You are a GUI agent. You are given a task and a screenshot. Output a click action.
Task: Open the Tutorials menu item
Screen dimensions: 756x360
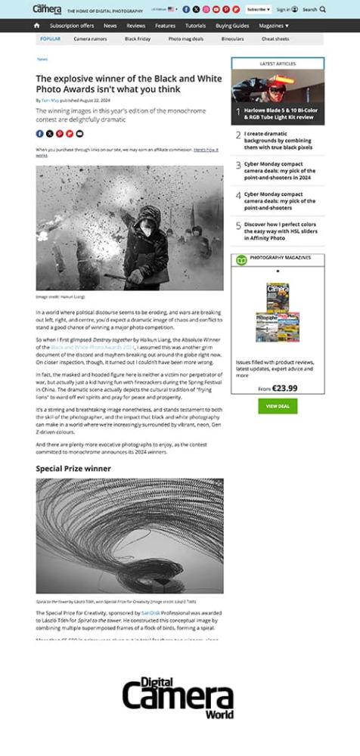tap(195, 26)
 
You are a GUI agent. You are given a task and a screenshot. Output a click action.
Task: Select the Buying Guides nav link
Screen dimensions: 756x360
tap(232, 26)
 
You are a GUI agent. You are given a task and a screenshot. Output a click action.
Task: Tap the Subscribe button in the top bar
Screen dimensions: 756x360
tap(257, 9)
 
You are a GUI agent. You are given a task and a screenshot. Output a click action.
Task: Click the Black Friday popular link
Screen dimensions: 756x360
tap(137, 39)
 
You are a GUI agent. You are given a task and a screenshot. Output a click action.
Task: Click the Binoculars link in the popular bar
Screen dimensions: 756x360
tap(231, 39)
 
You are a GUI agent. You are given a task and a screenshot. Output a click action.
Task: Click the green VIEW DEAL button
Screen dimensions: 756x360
tap(278, 406)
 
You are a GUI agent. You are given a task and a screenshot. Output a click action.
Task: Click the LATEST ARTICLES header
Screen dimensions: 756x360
tap(278, 64)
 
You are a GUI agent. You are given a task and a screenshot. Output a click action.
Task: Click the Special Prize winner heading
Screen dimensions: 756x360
tap(73, 469)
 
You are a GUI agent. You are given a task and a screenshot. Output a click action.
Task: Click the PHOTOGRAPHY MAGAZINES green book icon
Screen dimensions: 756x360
tap(241, 259)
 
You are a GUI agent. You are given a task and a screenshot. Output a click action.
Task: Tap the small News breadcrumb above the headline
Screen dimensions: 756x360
tap(42, 59)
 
